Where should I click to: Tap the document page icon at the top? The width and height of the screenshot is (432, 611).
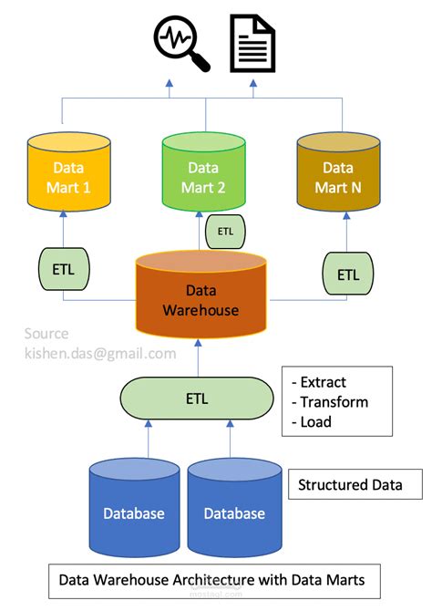pyautogui.click(x=252, y=42)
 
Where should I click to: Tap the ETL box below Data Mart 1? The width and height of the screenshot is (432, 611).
pyautogui.click(x=62, y=272)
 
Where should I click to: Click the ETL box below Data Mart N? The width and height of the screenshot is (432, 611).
pyautogui.click(x=348, y=273)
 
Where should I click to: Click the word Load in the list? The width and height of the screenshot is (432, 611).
pyautogui.click(x=316, y=421)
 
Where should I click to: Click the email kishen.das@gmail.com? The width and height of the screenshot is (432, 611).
pyautogui.click(x=99, y=353)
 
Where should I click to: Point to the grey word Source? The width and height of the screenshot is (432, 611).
pyautogui.click(x=46, y=334)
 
